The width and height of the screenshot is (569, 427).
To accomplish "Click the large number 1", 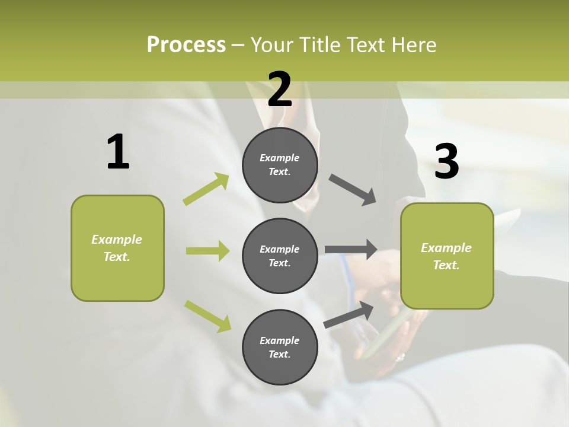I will tap(118, 152).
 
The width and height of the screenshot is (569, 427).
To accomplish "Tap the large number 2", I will tap(280, 90).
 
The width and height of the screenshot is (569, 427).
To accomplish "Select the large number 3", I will tap(446, 161).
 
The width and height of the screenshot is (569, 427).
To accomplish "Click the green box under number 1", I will tap(117, 248).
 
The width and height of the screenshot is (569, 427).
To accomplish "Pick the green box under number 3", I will tap(447, 256).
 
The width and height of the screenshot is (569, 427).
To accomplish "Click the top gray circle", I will tap(280, 165).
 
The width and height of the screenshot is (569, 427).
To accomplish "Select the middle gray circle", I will tap(280, 256).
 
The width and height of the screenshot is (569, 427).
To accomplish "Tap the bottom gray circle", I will tap(280, 347).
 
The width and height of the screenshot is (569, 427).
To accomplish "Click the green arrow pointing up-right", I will tap(206, 189).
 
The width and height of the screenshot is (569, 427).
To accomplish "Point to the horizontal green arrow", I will tap(207, 251).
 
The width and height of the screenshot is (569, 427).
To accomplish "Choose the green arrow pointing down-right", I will tap(207, 316).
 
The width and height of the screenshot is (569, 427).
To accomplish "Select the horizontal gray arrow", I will tap(351, 249).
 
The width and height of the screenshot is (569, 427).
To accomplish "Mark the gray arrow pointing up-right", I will tap(349, 315).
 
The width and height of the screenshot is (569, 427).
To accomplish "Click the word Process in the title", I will tap(186, 44).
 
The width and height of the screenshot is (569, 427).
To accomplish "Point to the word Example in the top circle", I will tap(280, 158).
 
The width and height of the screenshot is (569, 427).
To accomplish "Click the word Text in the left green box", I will tap(116, 257).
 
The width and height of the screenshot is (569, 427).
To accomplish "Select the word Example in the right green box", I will tap(446, 248).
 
